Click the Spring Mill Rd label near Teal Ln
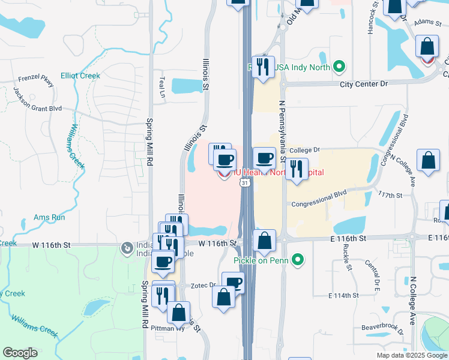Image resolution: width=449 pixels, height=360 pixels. coord(151,139)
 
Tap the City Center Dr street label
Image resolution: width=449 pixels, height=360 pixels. coord(364,85)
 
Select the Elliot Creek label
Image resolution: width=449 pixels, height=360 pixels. coord(80,76)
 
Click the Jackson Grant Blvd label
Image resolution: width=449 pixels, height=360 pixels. coord(37,99)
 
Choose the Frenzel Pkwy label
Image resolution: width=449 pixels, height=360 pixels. coord(36,82)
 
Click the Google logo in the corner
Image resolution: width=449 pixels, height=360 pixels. coord(20,353)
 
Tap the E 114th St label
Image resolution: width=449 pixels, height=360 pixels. coord(343,295)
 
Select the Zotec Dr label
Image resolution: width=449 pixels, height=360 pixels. coord(204,286)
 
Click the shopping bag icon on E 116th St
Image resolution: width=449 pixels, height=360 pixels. coord(264,241)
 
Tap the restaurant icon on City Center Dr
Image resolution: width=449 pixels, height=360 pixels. coord(263,67)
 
